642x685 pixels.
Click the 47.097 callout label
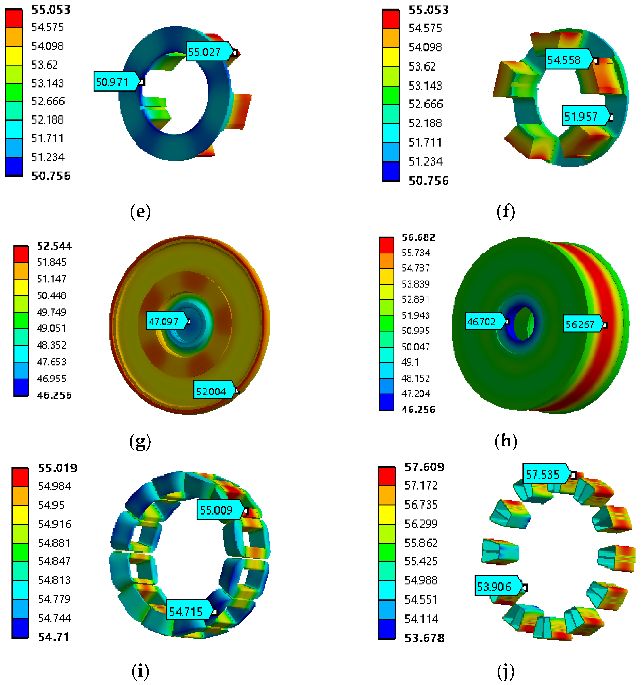tap(167, 321)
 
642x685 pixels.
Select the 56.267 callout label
tap(583, 324)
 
